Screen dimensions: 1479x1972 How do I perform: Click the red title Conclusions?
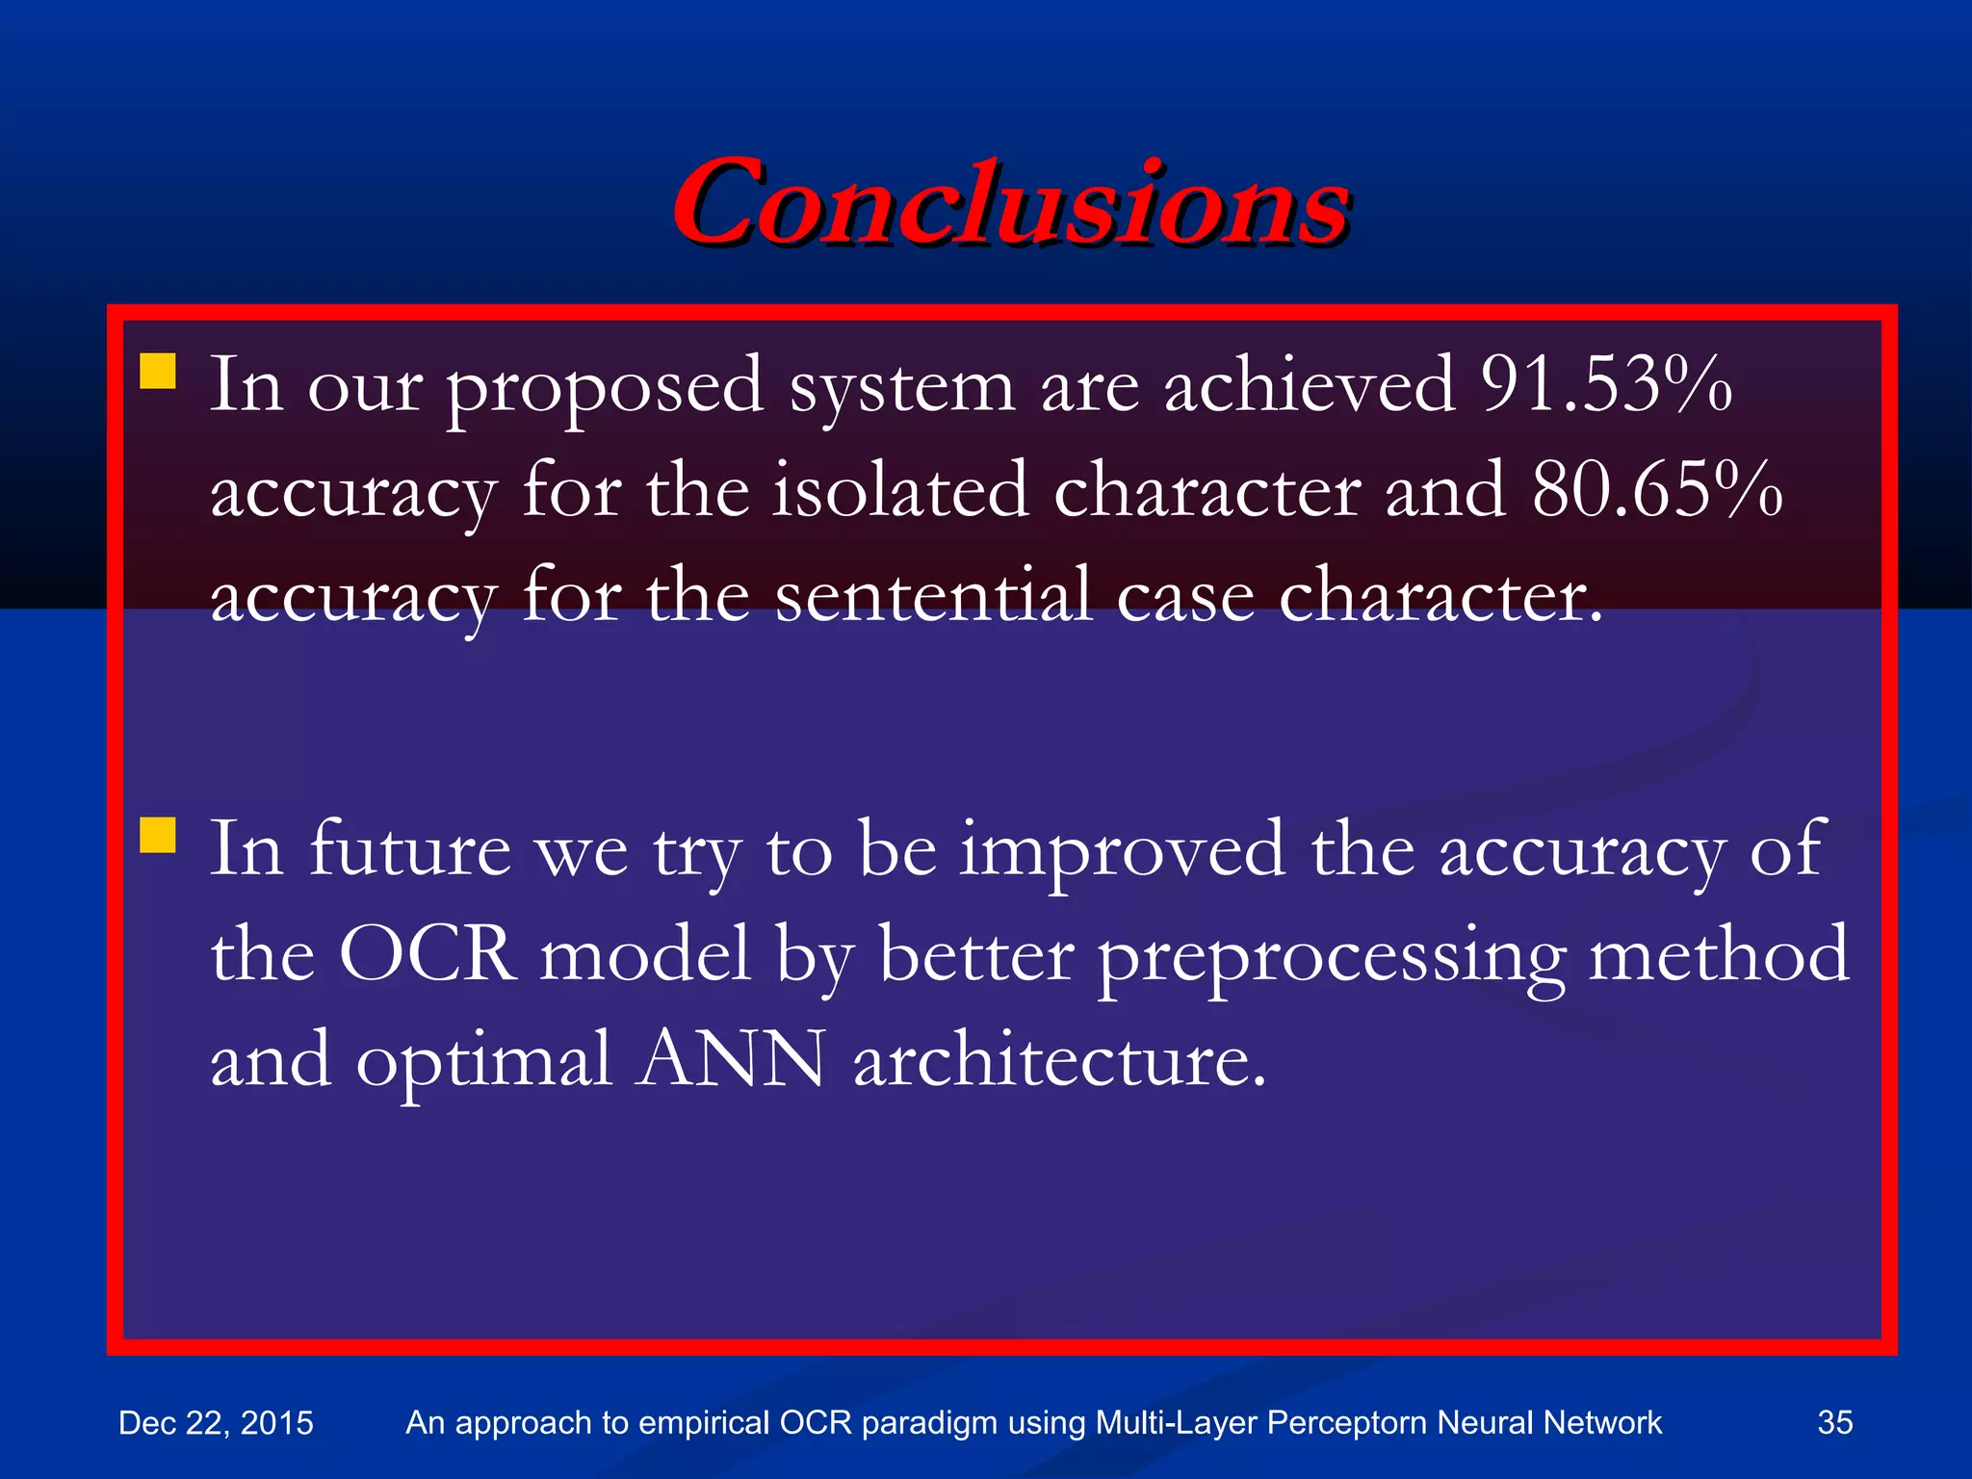[x=1011, y=202]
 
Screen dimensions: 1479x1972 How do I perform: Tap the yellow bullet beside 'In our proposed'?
[x=158, y=371]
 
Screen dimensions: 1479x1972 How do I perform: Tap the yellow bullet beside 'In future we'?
[x=158, y=835]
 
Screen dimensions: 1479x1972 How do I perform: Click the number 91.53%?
[x=1606, y=385]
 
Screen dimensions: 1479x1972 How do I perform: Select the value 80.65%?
[x=1656, y=490]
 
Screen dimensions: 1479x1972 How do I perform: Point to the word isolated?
[x=901, y=490]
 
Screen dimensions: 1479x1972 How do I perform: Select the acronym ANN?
[x=730, y=1059]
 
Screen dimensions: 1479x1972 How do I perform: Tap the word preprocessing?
[x=1332, y=959]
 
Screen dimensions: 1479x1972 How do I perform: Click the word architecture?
[x=1059, y=1059]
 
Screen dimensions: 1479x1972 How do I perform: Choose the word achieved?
[x=1310, y=385]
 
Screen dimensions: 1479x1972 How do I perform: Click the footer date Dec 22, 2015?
[x=216, y=1423]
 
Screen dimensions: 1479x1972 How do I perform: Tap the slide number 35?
[x=1834, y=1422]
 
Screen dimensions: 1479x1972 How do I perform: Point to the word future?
[x=410, y=849]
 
